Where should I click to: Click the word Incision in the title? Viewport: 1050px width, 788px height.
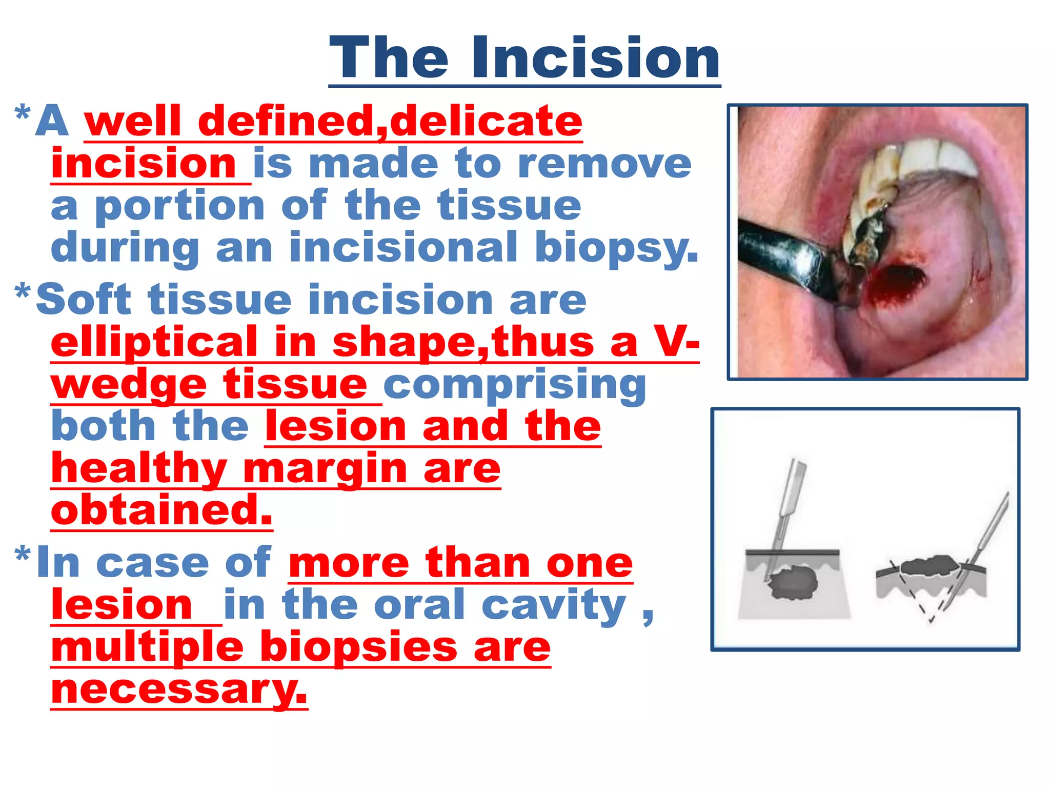(596, 58)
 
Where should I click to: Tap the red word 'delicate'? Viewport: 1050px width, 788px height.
(486, 122)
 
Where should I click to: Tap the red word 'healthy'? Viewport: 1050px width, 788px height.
(139, 469)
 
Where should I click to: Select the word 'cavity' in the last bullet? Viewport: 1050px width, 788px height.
(554, 605)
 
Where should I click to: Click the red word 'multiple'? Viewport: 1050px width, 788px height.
(147, 647)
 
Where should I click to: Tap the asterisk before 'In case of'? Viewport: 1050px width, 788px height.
(23, 554)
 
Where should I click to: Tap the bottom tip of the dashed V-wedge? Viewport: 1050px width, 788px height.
(931, 621)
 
